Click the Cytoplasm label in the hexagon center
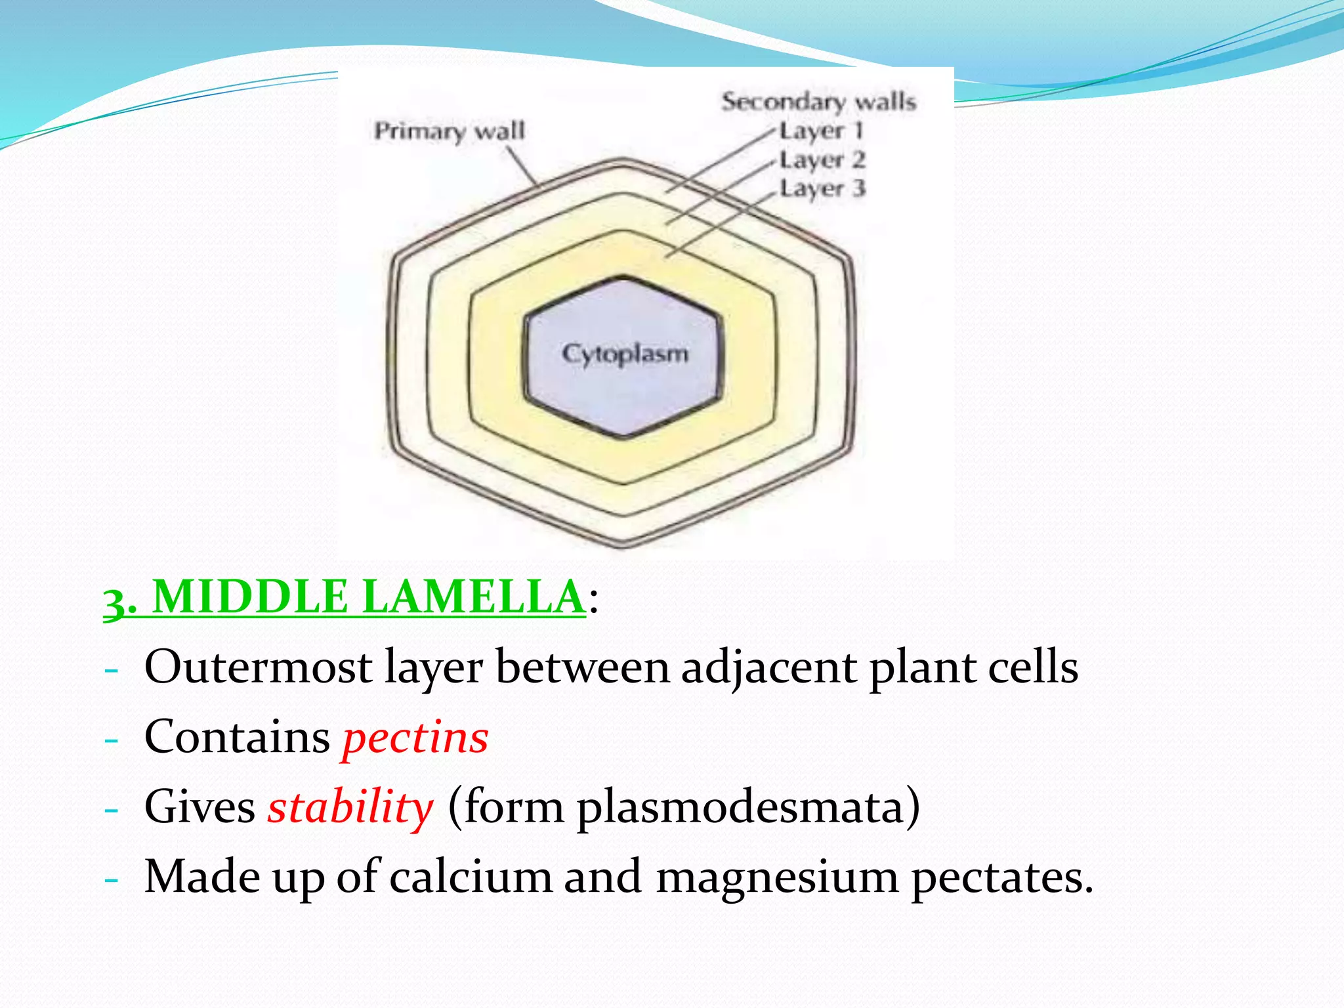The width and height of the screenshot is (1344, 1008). point(625,354)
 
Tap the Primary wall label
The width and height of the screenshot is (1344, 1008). point(450,131)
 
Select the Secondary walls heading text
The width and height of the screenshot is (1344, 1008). point(818,102)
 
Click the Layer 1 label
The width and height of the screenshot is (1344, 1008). point(820,131)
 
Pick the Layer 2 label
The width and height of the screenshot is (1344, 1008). point(822,159)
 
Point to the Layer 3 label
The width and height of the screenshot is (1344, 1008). point(822,189)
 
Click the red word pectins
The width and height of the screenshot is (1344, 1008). point(415,738)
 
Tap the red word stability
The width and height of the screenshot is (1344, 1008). point(350,807)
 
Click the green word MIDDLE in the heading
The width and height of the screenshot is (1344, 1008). point(250,597)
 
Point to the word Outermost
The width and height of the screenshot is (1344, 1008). point(259,667)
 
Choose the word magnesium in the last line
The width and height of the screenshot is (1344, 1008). point(777,877)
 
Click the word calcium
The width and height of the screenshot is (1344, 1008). point(471,877)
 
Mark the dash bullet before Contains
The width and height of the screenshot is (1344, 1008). point(112,740)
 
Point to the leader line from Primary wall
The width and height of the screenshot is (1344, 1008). point(521,165)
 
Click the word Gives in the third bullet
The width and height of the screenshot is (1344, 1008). point(199,807)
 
